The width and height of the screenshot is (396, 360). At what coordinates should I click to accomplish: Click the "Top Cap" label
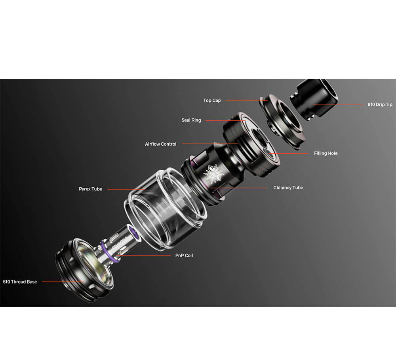tap(212, 101)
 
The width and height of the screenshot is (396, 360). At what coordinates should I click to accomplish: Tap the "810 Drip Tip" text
tap(380, 105)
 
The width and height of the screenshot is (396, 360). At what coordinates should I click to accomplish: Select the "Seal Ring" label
tap(191, 120)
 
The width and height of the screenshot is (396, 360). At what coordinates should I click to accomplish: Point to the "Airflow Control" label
tap(161, 144)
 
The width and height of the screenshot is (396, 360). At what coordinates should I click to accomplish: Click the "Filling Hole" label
tap(326, 153)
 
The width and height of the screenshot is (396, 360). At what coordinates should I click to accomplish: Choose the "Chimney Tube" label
tap(288, 188)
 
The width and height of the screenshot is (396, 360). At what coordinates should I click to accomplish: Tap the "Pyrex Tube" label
tap(90, 189)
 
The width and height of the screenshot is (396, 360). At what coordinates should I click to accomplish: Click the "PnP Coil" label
tap(184, 255)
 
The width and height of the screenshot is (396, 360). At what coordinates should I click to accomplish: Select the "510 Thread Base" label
tap(20, 282)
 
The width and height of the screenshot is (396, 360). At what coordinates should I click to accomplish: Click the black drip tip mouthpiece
tap(314, 100)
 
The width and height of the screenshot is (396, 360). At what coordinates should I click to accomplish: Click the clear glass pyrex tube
tap(166, 209)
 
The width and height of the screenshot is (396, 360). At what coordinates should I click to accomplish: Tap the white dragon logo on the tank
tap(213, 174)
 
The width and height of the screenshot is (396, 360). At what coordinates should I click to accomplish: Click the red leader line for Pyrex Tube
tap(126, 189)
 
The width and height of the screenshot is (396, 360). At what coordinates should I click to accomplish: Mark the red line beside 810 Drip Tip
tap(339, 105)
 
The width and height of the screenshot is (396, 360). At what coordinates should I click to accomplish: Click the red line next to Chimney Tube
tap(239, 188)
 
